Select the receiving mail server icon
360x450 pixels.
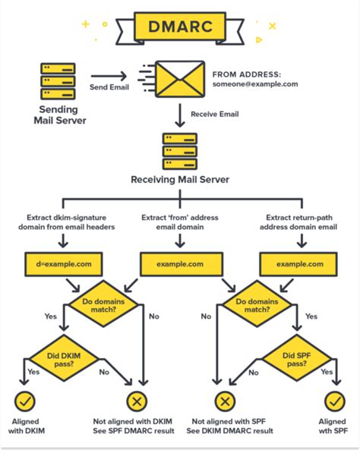coord(180,151)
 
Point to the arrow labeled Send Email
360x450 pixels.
coord(108,76)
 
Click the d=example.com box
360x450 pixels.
coord(65,263)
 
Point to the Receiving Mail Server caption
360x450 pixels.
coord(180,181)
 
